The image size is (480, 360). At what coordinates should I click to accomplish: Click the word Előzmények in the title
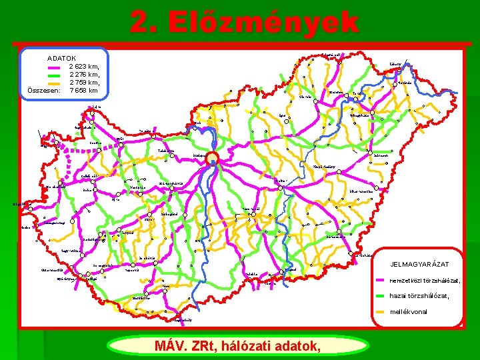(x=263, y=22)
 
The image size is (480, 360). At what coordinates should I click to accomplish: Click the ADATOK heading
(x=61, y=59)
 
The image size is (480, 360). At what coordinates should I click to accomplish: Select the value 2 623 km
(x=84, y=67)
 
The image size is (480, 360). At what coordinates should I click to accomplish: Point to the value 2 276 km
(x=84, y=75)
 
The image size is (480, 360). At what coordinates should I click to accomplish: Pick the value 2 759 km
(x=84, y=83)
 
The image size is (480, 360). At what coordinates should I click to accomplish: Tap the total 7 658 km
(x=84, y=91)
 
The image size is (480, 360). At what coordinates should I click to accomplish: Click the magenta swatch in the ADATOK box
(x=55, y=67)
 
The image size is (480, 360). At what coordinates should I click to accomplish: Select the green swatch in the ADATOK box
(x=55, y=75)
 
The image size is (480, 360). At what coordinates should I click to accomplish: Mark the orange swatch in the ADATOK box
(x=55, y=83)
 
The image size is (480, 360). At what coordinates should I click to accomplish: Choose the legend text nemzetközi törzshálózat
(x=424, y=281)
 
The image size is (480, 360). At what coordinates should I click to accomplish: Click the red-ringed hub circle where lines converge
(x=212, y=158)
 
